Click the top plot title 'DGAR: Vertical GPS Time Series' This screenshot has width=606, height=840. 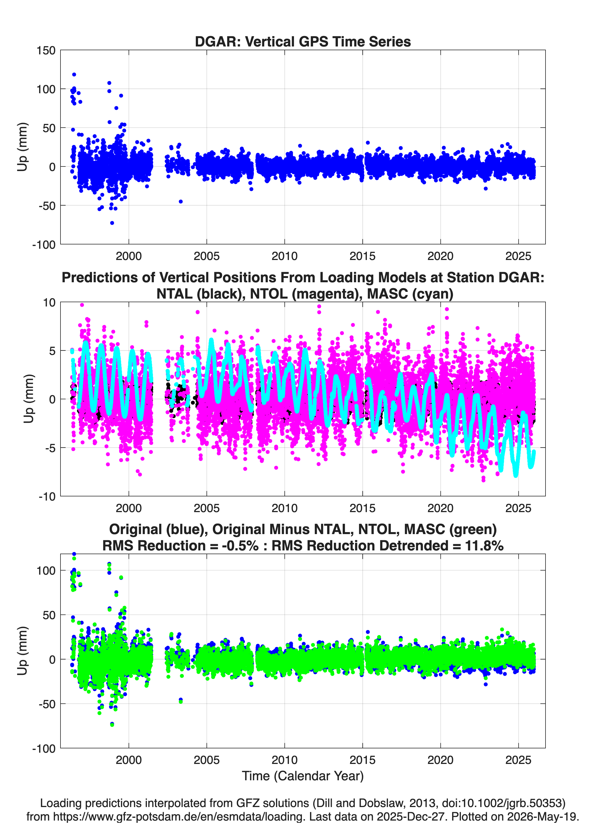[x=303, y=41]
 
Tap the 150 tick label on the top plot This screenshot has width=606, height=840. [x=46, y=50]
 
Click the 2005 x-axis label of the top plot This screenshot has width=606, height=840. [x=207, y=256]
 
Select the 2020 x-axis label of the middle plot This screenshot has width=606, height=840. [x=440, y=508]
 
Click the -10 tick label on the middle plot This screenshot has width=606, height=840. [x=47, y=496]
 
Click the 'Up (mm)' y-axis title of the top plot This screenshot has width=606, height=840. [x=22, y=147]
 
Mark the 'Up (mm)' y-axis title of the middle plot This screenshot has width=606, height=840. [x=28, y=399]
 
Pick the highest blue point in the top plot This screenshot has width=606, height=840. [x=74, y=74]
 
